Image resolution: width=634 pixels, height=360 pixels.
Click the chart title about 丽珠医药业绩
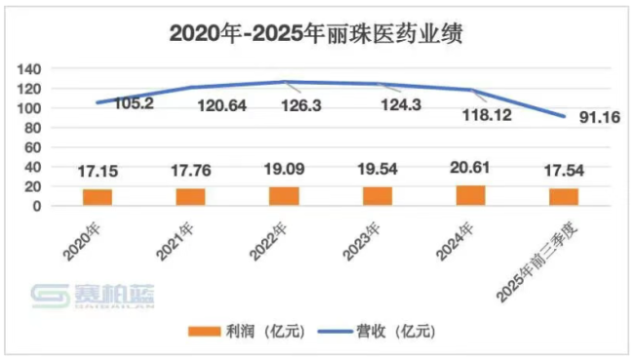(x=316, y=33)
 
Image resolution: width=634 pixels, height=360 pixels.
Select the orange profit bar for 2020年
(x=97, y=197)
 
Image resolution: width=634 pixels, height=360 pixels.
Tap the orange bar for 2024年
(x=471, y=195)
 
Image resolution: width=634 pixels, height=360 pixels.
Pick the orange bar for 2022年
(x=284, y=196)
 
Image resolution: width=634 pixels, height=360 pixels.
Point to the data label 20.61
(x=471, y=169)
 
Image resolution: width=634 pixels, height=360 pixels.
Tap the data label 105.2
(x=133, y=103)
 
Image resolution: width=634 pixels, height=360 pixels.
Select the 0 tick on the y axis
(x=36, y=206)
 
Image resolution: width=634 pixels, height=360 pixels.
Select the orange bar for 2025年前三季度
(x=564, y=197)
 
